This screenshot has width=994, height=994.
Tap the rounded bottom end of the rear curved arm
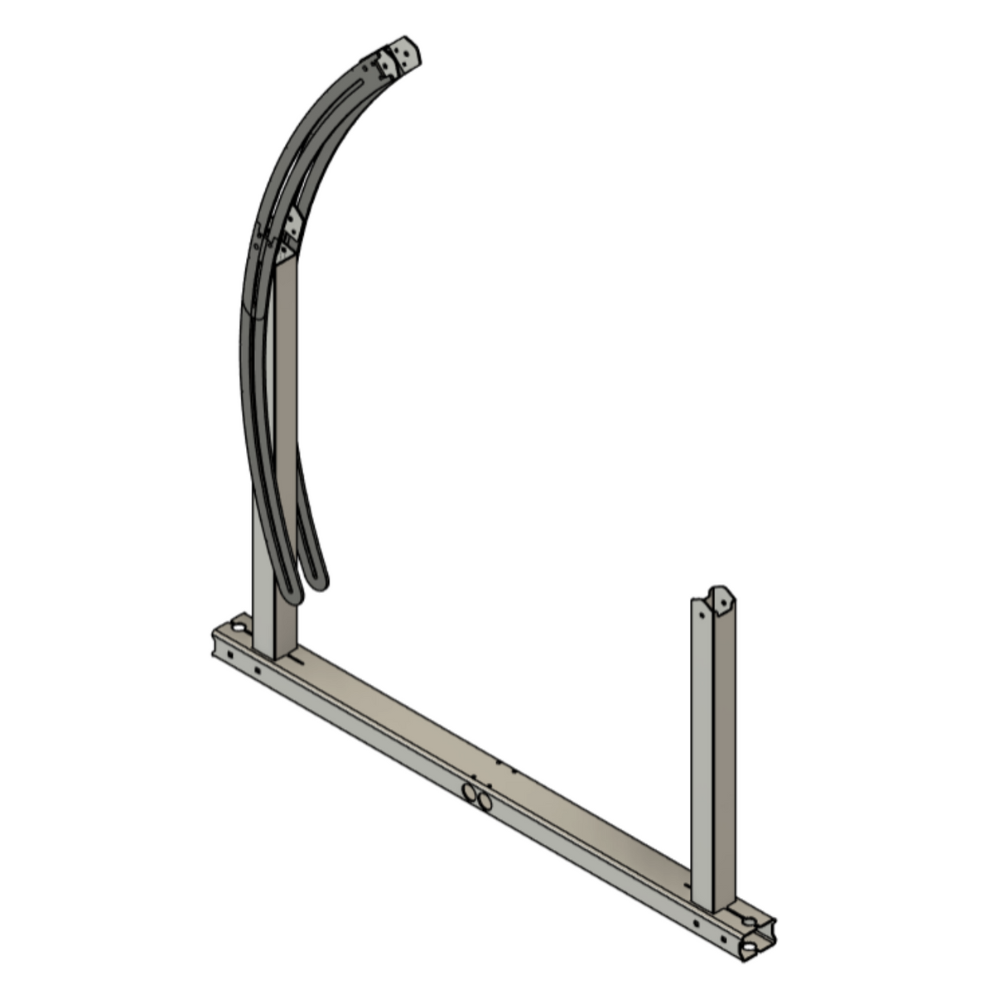point(318,579)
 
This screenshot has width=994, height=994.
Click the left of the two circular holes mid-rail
point(470,793)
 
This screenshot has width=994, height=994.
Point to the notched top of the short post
point(715,598)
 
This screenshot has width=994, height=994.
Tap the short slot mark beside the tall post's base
point(294,660)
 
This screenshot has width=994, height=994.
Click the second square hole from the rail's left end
point(257,670)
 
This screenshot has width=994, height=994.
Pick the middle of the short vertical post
point(712,754)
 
